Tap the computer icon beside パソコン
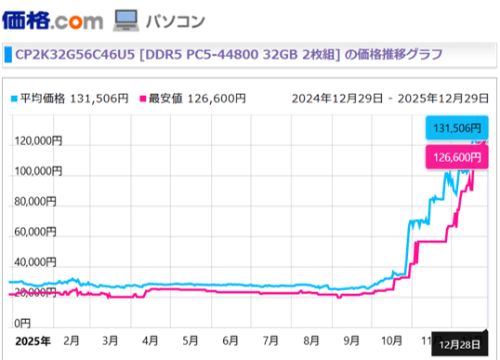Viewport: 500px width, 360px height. point(125,19)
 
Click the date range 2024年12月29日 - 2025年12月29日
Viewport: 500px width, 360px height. point(389,98)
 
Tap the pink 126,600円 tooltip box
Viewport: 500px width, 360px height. point(455,157)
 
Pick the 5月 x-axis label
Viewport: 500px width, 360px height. point(190,340)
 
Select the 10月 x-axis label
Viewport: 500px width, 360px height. point(394,340)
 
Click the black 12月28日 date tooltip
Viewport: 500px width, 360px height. point(460,343)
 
